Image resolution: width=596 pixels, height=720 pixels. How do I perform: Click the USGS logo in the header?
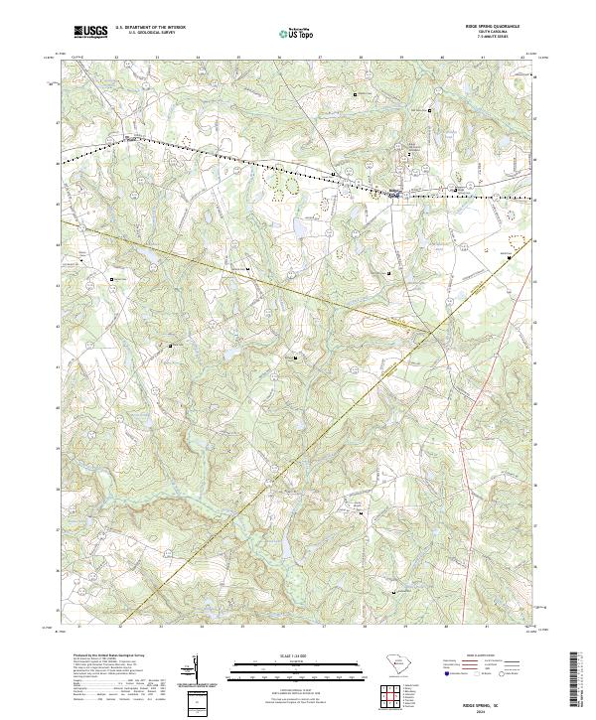coord(91,32)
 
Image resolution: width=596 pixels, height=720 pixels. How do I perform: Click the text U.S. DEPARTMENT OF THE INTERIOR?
coord(150,29)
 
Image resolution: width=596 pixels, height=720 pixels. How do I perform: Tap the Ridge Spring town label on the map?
coord(394,194)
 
